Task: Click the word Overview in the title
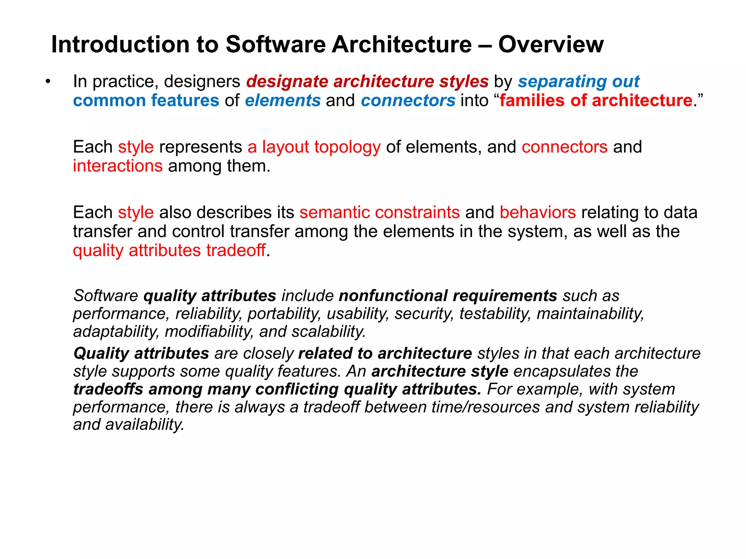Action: [x=550, y=44]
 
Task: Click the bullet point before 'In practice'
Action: [x=48, y=82]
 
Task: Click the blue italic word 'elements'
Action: [x=283, y=100]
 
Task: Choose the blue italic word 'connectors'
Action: [x=408, y=100]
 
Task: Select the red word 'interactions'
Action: [x=118, y=166]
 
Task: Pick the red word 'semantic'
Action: [x=334, y=212]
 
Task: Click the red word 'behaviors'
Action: [x=538, y=212]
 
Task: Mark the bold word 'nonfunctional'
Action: [x=393, y=296]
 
